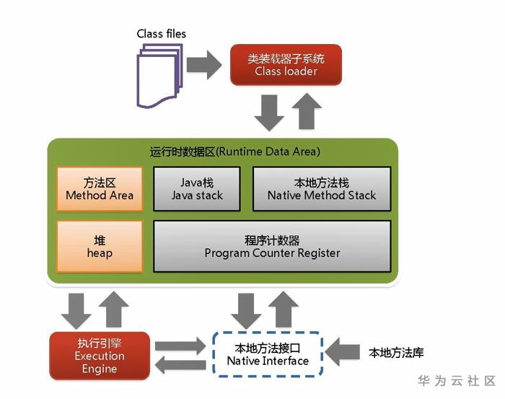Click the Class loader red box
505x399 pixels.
click(286, 65)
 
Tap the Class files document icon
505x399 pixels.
click(159, 76)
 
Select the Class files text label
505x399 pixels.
click(162, 33)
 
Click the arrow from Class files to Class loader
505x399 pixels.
click(204, 65)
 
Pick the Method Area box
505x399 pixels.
click(100, 189)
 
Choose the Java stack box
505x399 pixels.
click(197, 189)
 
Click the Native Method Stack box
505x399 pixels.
click(322, 189)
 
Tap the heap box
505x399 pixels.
click(100, 246)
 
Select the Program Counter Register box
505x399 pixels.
click(272, 246)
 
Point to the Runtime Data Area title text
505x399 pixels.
click(235, 152)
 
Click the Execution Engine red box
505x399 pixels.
click(100, 356)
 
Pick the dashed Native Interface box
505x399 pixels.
click(268, 354)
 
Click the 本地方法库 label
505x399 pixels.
click(396, 353)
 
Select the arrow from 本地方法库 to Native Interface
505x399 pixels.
click(343, 352)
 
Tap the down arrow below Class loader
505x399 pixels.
click(269, 113)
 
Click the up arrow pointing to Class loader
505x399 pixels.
click(307, 111)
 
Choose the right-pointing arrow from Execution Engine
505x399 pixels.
click(180, 346)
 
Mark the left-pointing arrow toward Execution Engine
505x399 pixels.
click(180, 365)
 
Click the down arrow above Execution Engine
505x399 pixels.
click(76, 311)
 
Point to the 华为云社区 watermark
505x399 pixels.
click(457, 381)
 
